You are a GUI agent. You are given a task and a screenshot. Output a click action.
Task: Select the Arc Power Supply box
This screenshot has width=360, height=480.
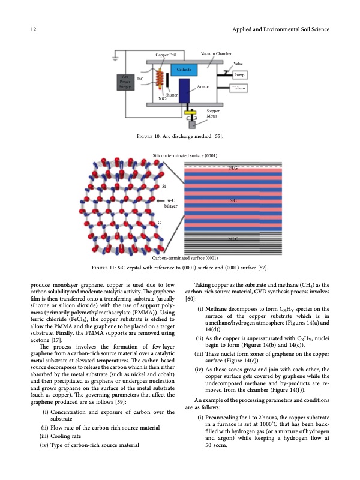125,82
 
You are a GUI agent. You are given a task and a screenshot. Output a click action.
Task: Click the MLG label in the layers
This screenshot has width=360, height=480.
235,238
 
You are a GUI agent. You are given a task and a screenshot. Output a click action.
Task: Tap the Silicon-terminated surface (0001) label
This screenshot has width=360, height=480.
187,155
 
